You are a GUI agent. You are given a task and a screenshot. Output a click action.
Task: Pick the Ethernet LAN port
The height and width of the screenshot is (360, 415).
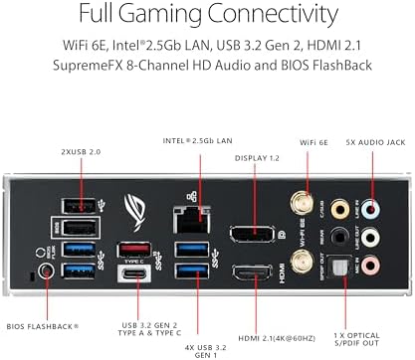coord(188,211)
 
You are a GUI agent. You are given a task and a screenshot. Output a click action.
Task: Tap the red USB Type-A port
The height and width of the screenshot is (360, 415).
coord(133,249)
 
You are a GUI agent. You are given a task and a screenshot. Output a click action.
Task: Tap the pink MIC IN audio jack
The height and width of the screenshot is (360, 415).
coord(370,267)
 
